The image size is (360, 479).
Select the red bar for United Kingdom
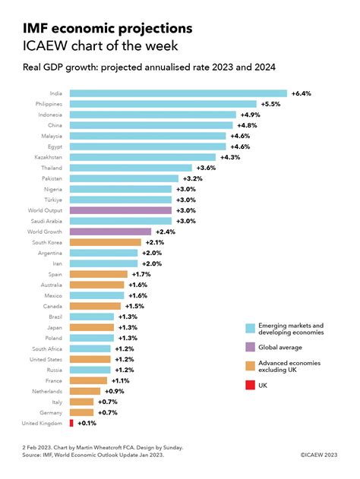(x=71, y=422)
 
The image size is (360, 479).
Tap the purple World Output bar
(x=122, y=210)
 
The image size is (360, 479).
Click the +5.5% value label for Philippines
(x=271, y=103)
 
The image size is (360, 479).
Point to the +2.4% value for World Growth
(x=166, y=231)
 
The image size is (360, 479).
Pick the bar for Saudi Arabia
(x=122, y=220)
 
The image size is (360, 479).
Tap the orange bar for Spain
(x=99, y=273)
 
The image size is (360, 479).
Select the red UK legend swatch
(x=251, y=385)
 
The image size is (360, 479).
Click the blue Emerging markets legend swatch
(x=251, y=329)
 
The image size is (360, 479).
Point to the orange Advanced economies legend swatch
(x=251, y=365)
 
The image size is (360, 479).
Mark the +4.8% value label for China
(x=249, y=124)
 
